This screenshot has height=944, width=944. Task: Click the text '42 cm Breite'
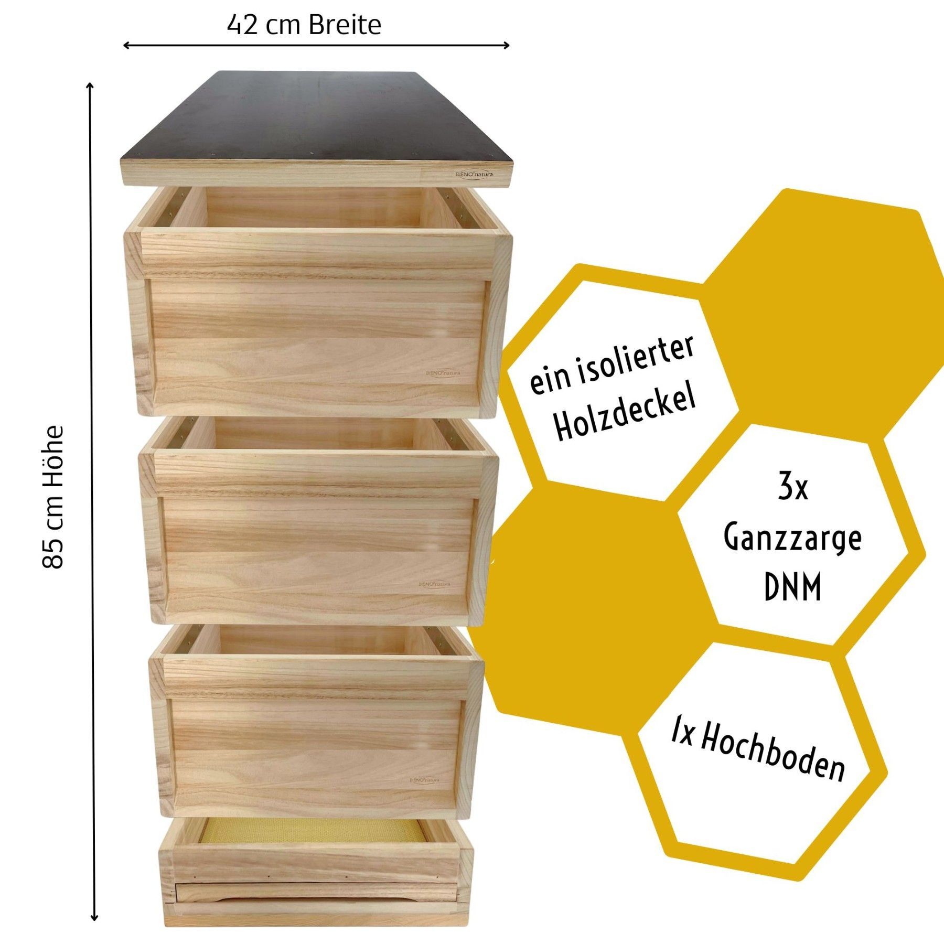tap(304, 25)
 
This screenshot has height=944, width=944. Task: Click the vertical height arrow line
tap(92, 472)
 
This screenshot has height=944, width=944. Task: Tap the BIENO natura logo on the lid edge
tap(474, 174)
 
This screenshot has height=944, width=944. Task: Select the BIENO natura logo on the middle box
tap(434, 583)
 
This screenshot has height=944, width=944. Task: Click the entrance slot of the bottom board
tap(315, 892)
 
